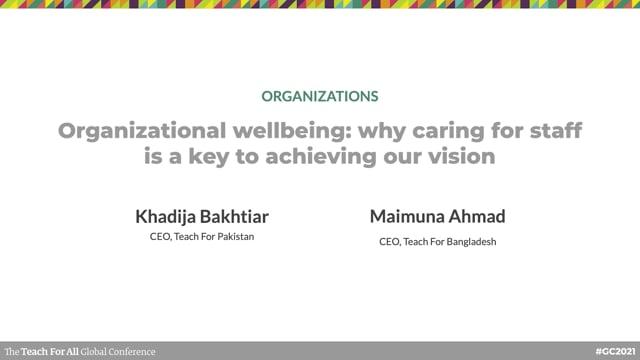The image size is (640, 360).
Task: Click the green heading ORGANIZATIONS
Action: coord(319,97)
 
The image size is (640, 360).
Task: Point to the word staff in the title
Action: coord(551,132)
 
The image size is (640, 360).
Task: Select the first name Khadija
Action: coord(166,215)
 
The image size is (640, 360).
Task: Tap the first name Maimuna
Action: coord(405,215)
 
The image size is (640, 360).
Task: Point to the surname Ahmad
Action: coord(477,215)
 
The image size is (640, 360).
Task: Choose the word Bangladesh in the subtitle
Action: coord(469,241)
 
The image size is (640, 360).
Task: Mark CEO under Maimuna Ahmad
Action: coord(390,241)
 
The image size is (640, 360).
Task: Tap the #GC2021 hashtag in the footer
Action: coord(613,352)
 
